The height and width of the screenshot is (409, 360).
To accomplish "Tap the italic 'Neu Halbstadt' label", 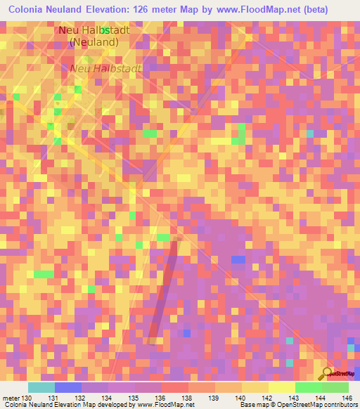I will click(x=105, y=68).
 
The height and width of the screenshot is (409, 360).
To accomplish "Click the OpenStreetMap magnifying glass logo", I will click(x=326, y=373).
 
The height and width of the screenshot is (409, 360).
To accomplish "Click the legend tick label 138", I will click(x=188, y=398).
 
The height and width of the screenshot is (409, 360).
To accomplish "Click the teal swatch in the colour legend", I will click(x=41, y=387).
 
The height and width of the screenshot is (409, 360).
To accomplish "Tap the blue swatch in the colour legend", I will click(x=67, y=387).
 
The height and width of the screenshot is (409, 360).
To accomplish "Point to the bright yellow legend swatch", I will click(x=281, y=387).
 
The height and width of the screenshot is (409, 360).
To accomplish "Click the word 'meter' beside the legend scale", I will click(x=12, y=398).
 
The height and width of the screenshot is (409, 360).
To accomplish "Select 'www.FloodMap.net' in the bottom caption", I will click(x=167, y=405).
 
